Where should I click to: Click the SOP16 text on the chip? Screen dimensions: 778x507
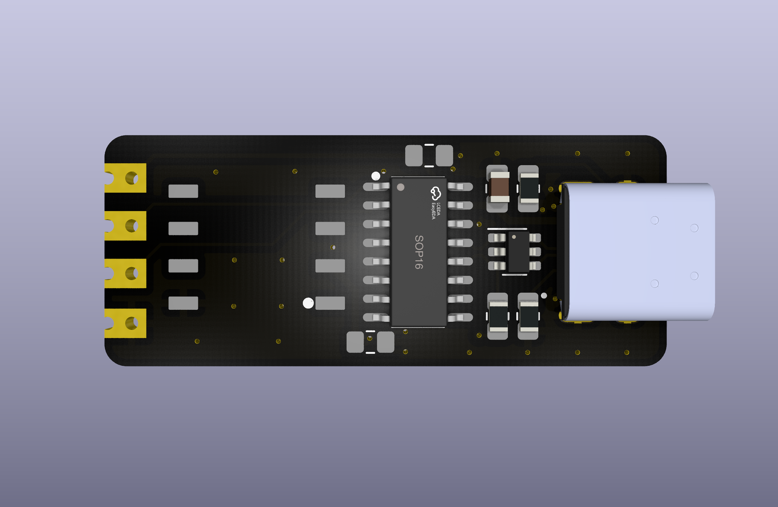point(419,252)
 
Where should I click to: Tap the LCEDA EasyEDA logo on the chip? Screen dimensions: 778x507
point(436,202)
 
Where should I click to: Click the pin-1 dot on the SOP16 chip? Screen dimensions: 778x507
point(400,187)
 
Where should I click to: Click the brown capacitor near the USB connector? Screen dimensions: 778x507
point(500,187)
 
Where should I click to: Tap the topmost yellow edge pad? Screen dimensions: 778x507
point(125,178)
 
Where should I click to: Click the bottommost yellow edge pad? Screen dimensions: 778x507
point(125,323)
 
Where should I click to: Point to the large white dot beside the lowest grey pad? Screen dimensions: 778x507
point(308,303)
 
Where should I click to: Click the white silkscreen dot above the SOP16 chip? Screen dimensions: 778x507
point(376,176)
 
